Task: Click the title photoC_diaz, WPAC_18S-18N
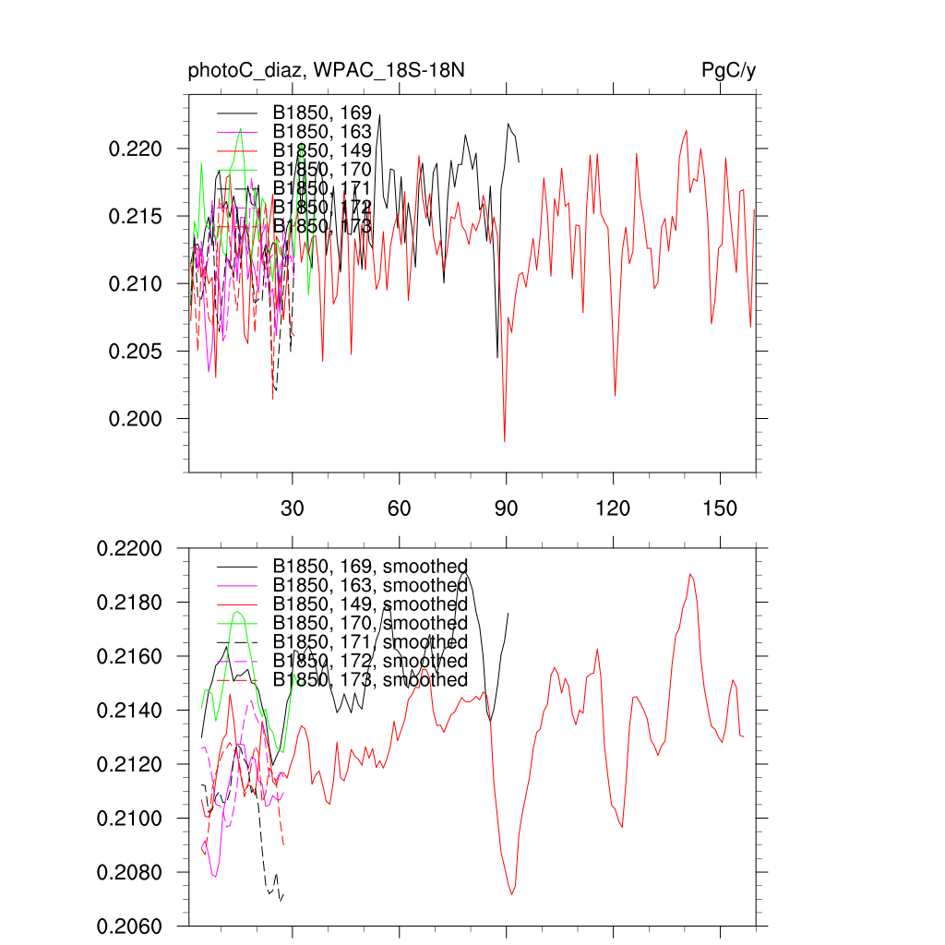(332, 71)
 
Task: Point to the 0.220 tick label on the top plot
(136, 150)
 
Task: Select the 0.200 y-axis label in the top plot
(136, 419)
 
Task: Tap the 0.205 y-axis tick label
(136, 352)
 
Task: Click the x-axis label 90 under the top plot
(507, 508)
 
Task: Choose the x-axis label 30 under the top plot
(293, 508)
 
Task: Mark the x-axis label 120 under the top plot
(613, 508)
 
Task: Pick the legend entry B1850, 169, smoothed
(369, 566)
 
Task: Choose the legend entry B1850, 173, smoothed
(369, 680)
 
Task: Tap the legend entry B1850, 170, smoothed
(369, 623)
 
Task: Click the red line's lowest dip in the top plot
(505, 442)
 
